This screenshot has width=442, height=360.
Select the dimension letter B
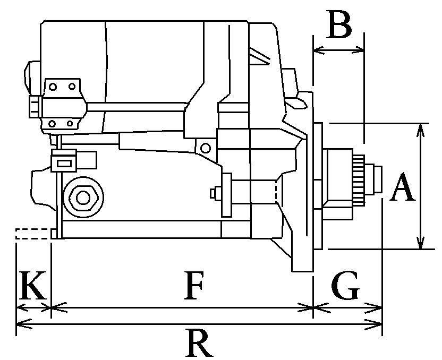[x=339, y=24]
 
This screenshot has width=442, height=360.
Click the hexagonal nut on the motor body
[x=82, y=198]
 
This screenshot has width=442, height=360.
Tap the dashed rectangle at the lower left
[x=33, y=234]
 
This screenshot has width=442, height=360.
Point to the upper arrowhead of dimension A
[x=421, y=127]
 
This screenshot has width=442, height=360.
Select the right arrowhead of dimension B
[x=361, y=50]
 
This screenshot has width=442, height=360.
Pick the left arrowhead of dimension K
[x=20, y=307]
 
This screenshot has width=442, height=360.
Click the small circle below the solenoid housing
[x=205, y=147]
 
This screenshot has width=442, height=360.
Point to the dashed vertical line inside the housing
[x=276, y=192]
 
